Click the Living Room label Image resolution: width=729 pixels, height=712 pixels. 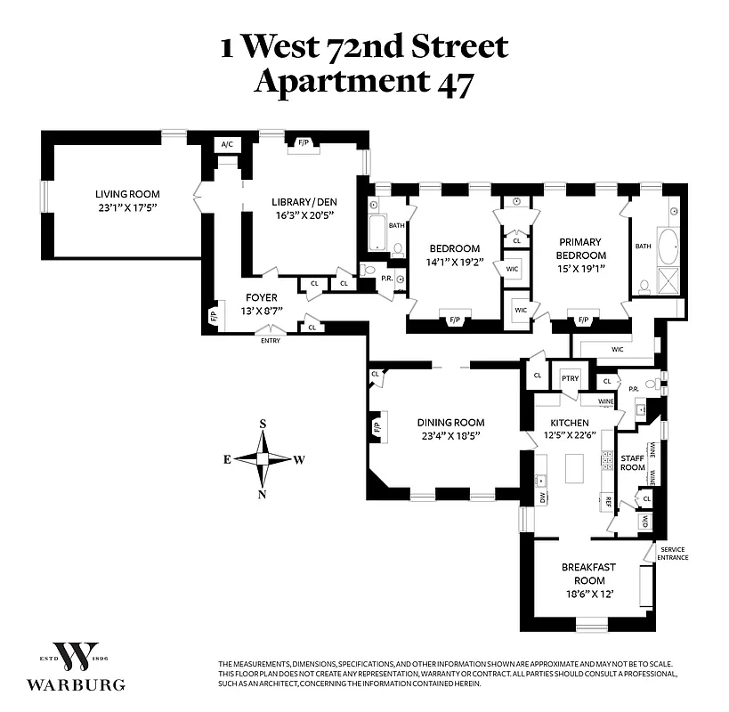click(127, 194)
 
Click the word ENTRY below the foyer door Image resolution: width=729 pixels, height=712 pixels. click(271, 341)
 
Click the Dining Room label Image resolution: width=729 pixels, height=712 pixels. click(451, 423)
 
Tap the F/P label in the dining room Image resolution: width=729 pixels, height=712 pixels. click(377, 427)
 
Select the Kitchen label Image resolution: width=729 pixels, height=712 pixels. click(569, 423)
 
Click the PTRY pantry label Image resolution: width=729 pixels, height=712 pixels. click(570, 378)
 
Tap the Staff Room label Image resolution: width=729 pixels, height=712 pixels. click(632, 461)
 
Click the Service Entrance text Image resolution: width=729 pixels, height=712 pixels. click(673, 554)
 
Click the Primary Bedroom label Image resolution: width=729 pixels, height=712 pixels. click(579, 247)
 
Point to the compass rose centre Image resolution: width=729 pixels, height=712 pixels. click(263, 459)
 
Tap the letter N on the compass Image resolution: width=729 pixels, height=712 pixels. click(263, 495)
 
